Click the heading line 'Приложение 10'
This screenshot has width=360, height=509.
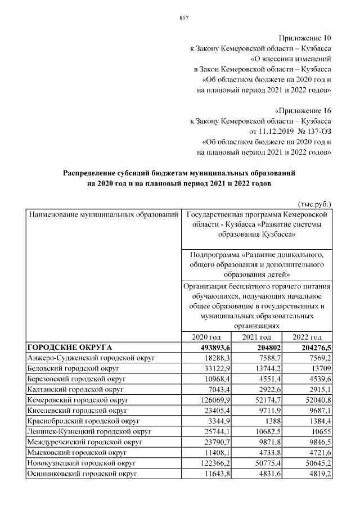click(x=307, y=38)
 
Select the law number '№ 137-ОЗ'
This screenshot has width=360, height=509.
click(x=312, y=131)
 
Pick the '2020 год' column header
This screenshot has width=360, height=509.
click(x=204, y=336)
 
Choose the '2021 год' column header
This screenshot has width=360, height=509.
click(x=256, y=336)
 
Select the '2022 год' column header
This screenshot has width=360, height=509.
click(x=307, y=336)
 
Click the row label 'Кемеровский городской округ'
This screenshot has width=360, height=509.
click(x=78, y=399)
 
